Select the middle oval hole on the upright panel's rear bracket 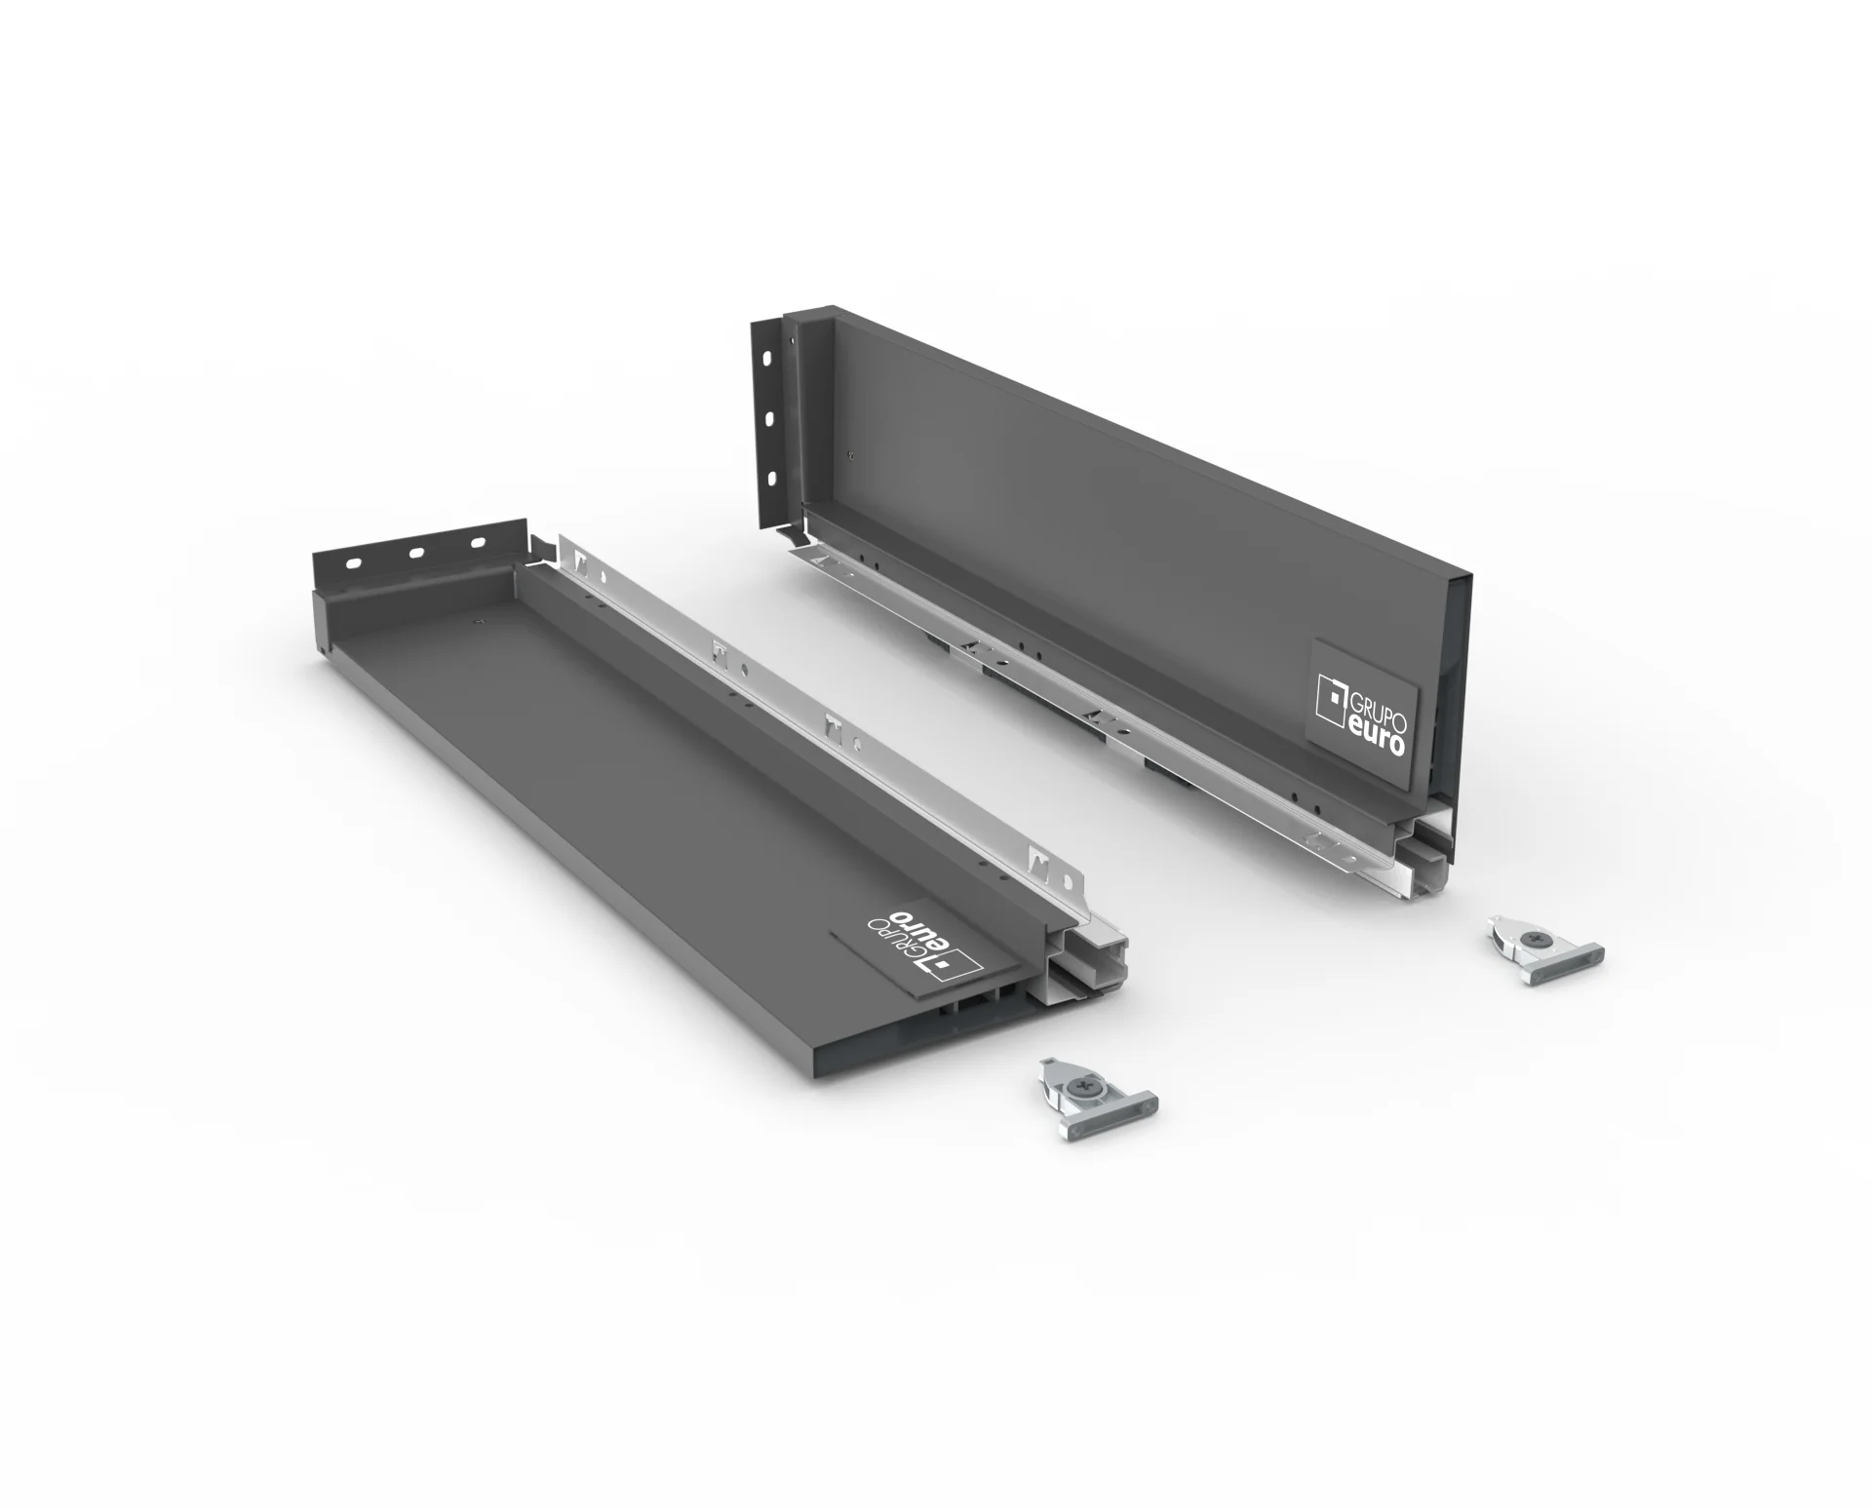[769, 419]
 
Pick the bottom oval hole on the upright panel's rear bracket [770, 478]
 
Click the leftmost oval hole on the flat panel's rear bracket [355, 562]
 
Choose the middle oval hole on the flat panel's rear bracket [416, 553]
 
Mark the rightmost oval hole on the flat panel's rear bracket [478, 543]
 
